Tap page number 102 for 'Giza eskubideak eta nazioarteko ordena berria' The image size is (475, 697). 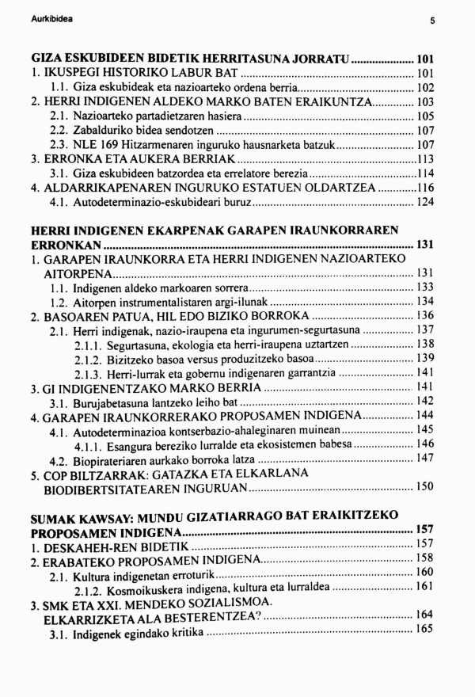(425, 88)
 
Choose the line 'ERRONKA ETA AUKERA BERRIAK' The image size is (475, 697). (119, 159)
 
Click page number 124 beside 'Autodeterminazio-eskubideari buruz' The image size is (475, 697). (425, 203)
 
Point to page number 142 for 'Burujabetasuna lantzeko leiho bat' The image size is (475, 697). (425, 402)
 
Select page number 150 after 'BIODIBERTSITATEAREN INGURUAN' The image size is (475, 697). (425, 486)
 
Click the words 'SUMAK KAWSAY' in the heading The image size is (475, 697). (71, 516)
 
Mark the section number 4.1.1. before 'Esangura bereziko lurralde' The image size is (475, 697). (91, 444)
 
